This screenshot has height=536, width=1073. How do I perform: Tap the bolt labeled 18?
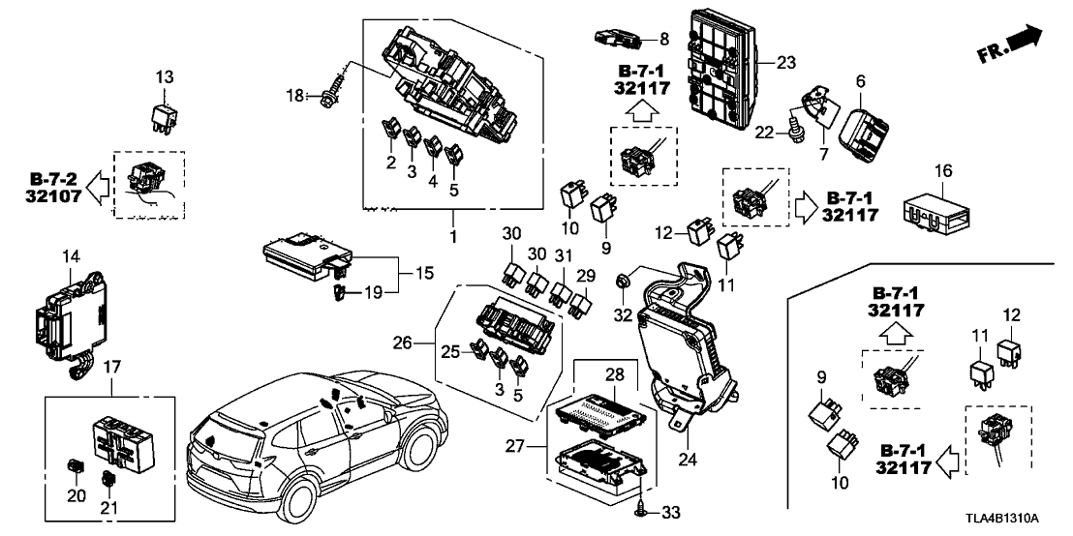pyautogui.click(x=328, y=95)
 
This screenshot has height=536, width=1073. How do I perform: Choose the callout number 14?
pyautogui.click(x=70, y=258)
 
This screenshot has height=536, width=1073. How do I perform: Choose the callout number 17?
pyautogui.click(x=111, y=367)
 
